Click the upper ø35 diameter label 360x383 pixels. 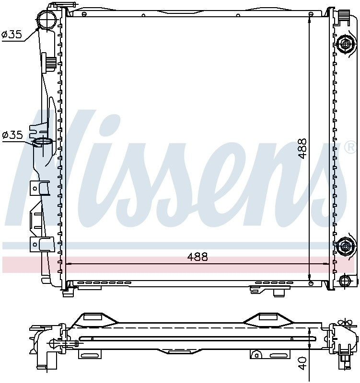point(12,35)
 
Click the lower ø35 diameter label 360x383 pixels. point(12,135)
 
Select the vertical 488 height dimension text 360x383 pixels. point(302,148)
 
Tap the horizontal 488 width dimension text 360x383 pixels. point(197,257)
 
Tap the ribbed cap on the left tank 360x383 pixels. point(49,62)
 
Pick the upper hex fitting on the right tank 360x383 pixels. point(345,45)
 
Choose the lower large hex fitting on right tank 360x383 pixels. point(345,247)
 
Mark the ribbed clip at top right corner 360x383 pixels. point(343,17)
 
